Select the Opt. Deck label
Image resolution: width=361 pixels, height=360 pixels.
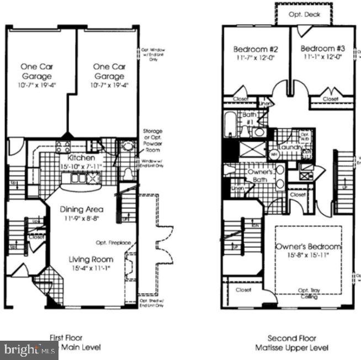[304, 15]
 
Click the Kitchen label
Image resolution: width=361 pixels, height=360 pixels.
[74, 158]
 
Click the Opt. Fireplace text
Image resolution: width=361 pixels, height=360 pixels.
[113, 242]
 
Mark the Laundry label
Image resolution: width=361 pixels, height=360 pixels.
[290, 147]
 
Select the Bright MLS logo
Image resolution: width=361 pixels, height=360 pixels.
[29, 350]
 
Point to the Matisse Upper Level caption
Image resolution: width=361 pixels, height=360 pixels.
[291, 348]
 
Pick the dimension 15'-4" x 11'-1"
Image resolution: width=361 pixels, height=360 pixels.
[91, 269]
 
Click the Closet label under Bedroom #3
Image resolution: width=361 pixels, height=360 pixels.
[331, 99]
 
